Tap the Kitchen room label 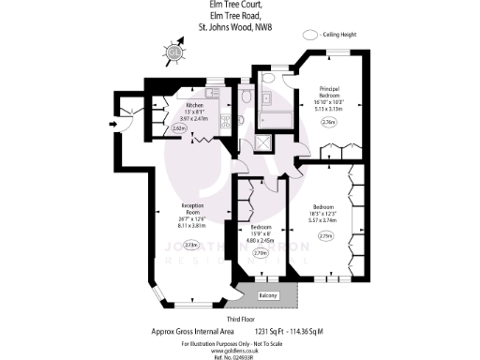point(195,105)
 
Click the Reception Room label point(192,206)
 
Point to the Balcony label point(268,295)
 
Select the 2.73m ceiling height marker point(192,245)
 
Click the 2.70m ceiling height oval point(261,252)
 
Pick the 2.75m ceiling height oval point(325,235)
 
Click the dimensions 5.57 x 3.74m point(324,220)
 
